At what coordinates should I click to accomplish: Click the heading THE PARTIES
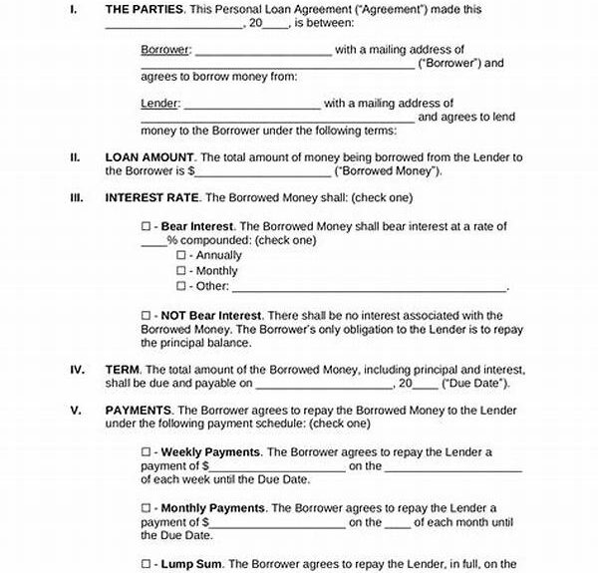[146, 8]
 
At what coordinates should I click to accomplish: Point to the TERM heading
[123, 370]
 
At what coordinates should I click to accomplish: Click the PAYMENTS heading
[139, 410]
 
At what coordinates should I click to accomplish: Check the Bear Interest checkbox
[147, 227]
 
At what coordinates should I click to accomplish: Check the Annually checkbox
[181, 256]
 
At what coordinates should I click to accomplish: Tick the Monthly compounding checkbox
[181, 271]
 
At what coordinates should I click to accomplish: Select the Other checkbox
[181, 286]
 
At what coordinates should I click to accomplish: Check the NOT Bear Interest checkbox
[147, 316]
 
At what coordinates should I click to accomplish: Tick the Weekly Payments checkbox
[147, 452]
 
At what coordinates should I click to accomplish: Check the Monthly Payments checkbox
[147, 508]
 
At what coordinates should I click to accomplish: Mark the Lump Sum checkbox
[147, 564]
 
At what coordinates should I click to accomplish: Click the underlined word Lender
[159, 103]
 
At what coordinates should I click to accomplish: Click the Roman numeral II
[75, 157]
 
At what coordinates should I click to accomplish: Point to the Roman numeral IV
[77, 370]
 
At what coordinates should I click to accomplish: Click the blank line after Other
[369, 287]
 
